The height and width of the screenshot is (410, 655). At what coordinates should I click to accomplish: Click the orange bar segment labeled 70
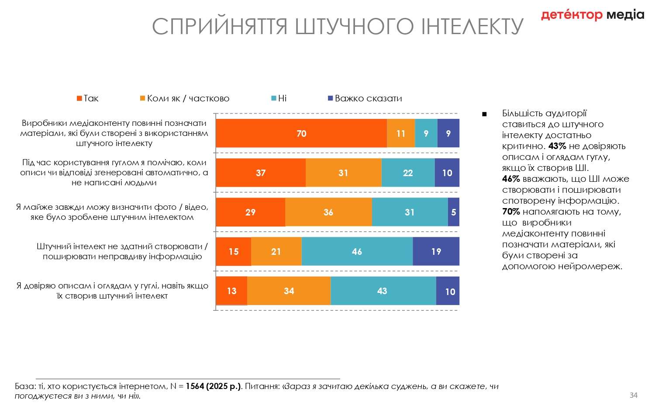[x=301, y=133]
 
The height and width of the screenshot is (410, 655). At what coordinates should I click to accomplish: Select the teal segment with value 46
[x=357, y=251]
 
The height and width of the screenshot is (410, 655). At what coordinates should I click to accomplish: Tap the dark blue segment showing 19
[x=436, y=251]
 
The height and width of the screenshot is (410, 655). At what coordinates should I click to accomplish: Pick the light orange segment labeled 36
[x=328, y=212]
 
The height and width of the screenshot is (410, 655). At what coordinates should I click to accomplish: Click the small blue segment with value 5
[x=454, y=212]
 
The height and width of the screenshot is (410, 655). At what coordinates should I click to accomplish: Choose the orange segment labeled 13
[x=231, y=291]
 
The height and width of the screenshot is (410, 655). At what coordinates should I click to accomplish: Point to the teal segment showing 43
[x=383, y=291]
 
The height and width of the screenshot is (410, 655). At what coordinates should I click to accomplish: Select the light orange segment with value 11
[x=401, y=133]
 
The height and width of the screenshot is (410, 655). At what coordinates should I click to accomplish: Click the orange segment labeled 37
[x=261, y=173]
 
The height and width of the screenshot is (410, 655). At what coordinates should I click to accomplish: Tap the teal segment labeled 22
[x=408, y=173]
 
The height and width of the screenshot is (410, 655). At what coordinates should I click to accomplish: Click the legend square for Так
[x=79, y=99]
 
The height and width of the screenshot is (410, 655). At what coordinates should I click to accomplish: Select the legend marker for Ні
[x=274, y=99]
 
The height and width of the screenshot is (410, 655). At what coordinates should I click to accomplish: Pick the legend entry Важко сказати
[x=368, y=99]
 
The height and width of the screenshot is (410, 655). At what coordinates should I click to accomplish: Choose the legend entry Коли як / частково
[x=188, y=99]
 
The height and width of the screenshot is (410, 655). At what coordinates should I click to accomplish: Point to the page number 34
[x=633, y=395]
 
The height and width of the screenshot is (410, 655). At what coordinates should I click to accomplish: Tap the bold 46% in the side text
[x=511, y=179]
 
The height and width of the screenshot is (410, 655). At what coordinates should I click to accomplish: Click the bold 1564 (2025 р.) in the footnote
[x=214, y=386]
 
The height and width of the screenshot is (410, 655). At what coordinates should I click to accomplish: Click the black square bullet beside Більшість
[x=484, y=115]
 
